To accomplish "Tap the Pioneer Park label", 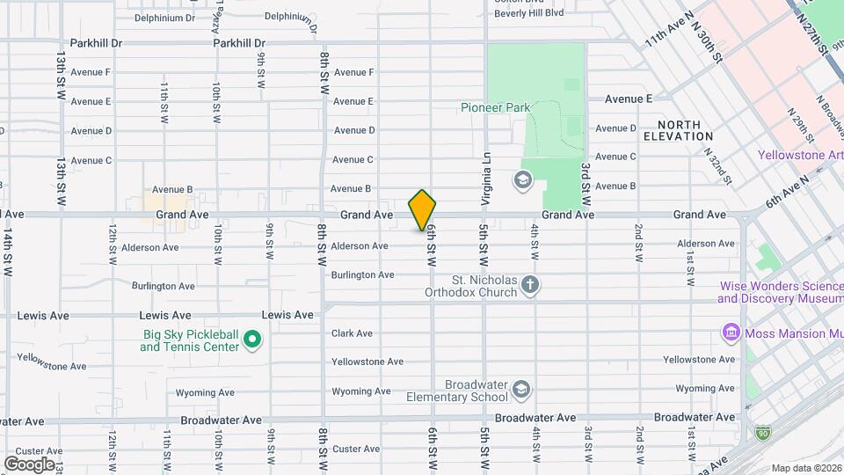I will (496, 107).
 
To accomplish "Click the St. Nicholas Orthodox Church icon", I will (529, 284).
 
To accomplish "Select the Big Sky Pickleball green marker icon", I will (252, 339).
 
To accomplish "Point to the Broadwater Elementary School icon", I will (521, 390).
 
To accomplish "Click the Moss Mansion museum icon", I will (731, 333).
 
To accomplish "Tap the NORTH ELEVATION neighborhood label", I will (678, 131).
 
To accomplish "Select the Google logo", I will (29, 464).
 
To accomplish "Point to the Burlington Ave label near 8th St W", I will (362, 275).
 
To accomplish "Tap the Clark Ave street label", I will (352, 333).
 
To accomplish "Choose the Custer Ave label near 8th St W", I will (357, 449).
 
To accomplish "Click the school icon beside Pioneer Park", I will (523, 180).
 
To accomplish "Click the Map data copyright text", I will (805, 468).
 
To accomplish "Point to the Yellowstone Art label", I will (800, 156).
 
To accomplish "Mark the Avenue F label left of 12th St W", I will (91, 72).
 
